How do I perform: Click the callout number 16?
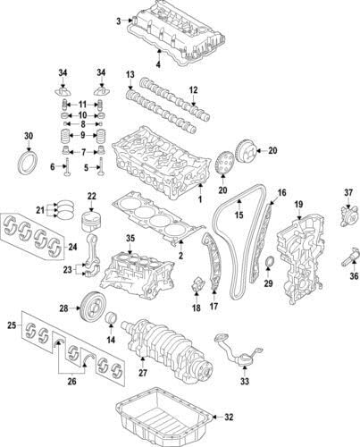click(280, 192)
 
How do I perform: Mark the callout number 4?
click(158, 63)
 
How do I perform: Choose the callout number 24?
click(72, 248)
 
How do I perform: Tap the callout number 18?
click(196, 308)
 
